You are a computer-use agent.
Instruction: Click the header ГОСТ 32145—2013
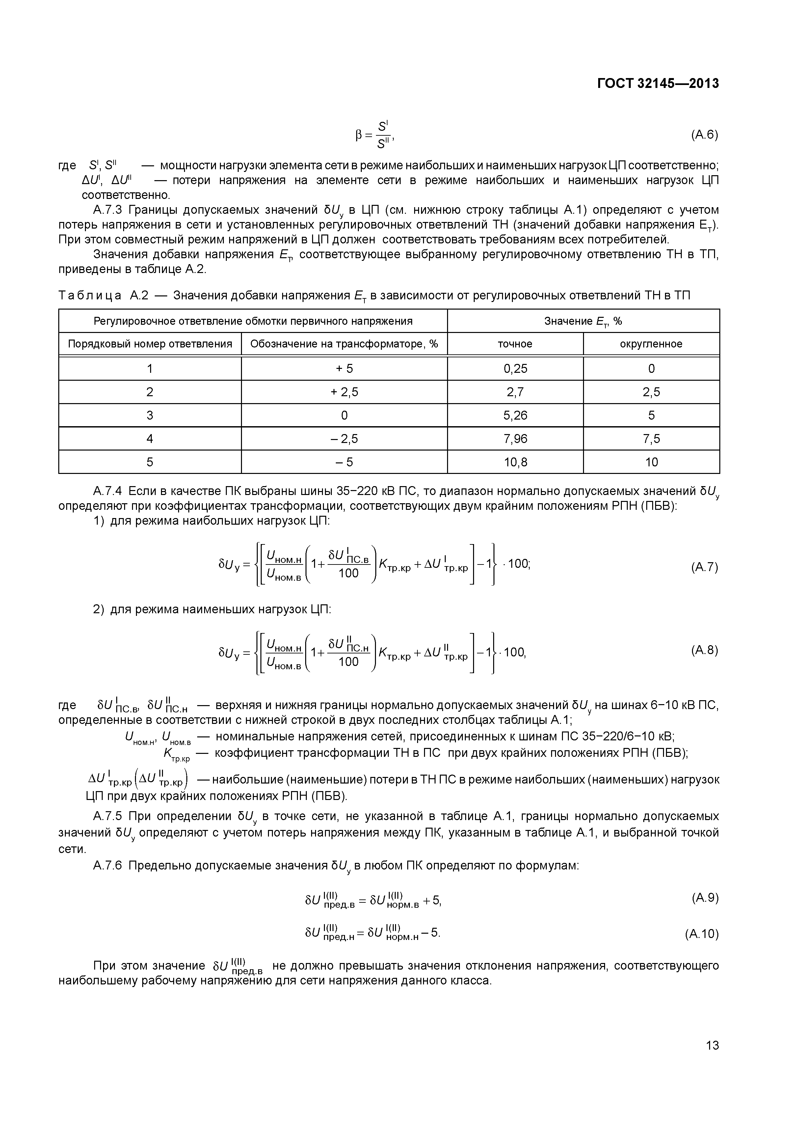coord(657,84)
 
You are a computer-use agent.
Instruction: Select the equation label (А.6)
coord(704,135)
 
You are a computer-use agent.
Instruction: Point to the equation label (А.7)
coord(704,567)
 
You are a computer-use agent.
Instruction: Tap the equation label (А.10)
coord(701,934)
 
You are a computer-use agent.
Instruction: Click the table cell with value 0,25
coord(515,369)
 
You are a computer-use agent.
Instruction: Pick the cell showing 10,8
coord(515,462)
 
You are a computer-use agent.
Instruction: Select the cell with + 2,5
coord(344,392)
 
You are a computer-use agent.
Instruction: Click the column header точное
coord(515,344)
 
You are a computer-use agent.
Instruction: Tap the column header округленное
coord(651,344)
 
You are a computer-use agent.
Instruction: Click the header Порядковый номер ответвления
coord(150,344)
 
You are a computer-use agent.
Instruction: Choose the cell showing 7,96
coord(515,438)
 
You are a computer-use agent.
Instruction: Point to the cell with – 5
coord(344,462)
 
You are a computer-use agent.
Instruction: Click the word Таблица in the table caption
coord(90,296)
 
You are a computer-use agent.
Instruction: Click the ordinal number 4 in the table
coord(150,438)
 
